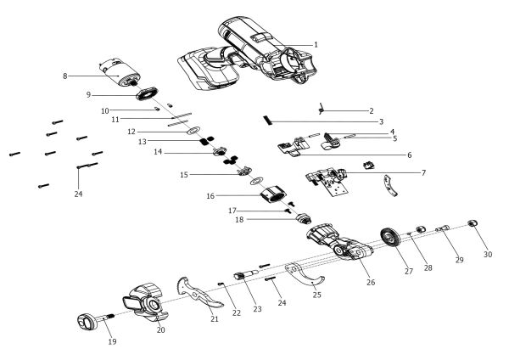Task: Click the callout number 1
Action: tap(316, 44)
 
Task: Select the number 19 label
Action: tap(111, 341)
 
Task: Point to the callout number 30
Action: tap(488, 254)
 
